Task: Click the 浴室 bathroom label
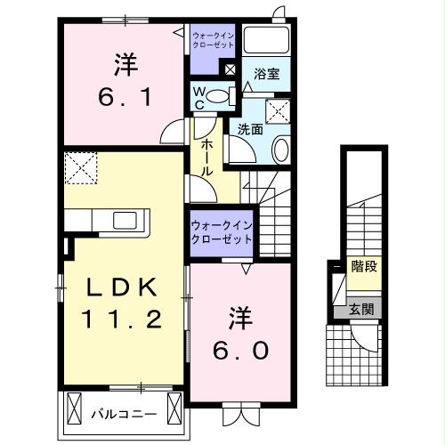pos(266,75)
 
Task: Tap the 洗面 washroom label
pos(250,128)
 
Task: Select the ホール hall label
pos(206,156)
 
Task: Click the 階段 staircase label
pos(364,266)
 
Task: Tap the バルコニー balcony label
pos(124,414)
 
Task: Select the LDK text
pos(123,287)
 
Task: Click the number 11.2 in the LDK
pos(123,319)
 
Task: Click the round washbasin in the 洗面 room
pos(280,149)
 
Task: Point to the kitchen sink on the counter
pos(125,220)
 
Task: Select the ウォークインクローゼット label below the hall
pos(220,233)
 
